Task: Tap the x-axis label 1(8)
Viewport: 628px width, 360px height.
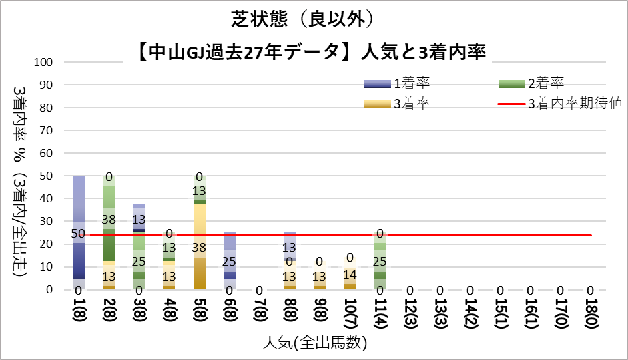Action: point(79,311)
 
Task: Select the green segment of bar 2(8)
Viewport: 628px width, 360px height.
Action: point(109,220)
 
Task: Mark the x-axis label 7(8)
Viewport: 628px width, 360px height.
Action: point(260,311)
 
